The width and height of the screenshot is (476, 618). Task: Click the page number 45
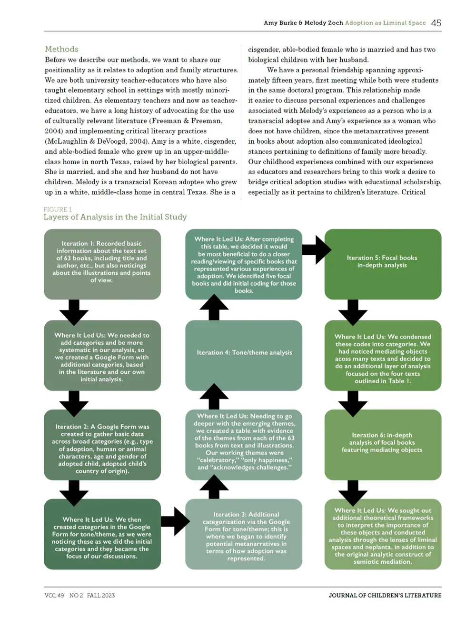click(436, 23)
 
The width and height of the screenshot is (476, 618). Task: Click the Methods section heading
click(61, 49)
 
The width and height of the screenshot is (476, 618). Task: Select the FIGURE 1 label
click(58, 209)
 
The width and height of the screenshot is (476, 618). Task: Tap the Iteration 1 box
click(102, 264)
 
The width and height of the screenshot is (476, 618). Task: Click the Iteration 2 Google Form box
click(102, 445)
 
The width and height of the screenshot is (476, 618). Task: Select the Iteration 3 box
click(244, 534)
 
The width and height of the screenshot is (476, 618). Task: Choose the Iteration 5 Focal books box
click(383, 264)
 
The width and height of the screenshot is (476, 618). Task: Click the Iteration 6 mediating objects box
click(383, 445)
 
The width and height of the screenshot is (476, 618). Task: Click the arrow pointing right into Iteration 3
click(175, 521)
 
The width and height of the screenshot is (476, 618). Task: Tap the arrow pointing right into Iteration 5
click(316, 249)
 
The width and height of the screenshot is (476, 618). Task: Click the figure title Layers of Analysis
click(115, 217)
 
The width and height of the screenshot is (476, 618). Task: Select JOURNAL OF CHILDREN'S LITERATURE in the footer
click(385, 595)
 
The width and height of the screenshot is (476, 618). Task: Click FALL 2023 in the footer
click(101, 595)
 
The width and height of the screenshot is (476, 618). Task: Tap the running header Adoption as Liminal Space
click(385, 23)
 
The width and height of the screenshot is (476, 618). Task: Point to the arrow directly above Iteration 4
click(214, 308)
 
